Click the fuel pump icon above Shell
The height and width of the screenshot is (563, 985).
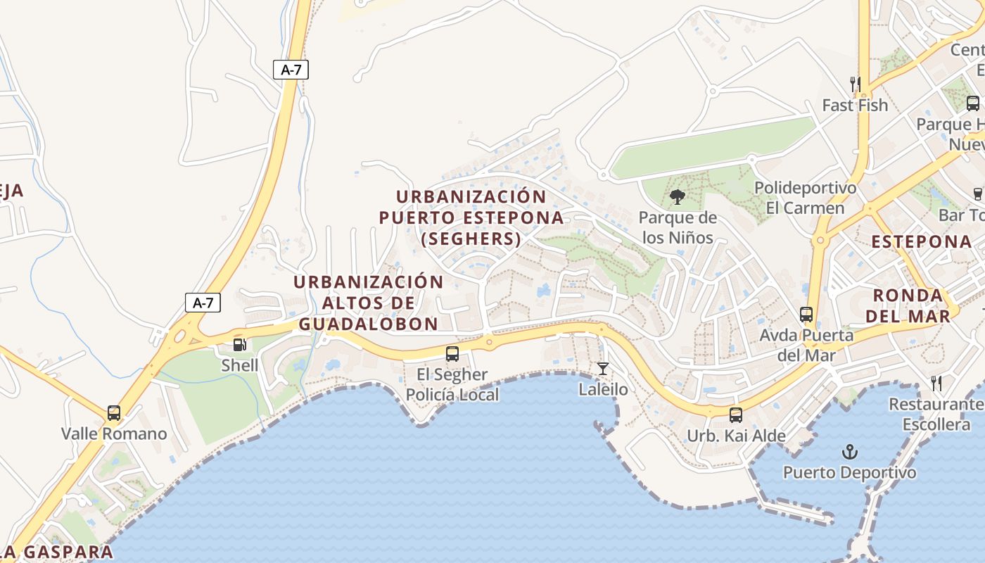239,345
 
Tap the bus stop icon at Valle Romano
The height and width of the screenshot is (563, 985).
114,413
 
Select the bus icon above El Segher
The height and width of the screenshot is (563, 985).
452,354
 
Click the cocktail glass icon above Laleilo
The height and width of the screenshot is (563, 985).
603,368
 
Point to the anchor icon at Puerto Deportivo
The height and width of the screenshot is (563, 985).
850,451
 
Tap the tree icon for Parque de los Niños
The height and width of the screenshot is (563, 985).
678,197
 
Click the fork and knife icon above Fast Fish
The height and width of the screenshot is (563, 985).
856,84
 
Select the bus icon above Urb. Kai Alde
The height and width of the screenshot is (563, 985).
736,415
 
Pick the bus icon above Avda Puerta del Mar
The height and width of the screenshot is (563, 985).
806,315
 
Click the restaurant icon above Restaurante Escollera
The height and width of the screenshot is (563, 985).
936,384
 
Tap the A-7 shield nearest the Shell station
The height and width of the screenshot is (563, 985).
203,303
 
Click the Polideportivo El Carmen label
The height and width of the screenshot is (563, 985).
806,198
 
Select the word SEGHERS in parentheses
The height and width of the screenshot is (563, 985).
471,239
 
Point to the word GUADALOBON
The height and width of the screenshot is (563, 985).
368,324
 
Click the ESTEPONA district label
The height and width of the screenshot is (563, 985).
921,242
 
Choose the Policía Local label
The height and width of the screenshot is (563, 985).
452,395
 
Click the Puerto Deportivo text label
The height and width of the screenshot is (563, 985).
850,472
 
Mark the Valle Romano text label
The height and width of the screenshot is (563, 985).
114,434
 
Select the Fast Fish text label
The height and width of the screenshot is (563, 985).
855,106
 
